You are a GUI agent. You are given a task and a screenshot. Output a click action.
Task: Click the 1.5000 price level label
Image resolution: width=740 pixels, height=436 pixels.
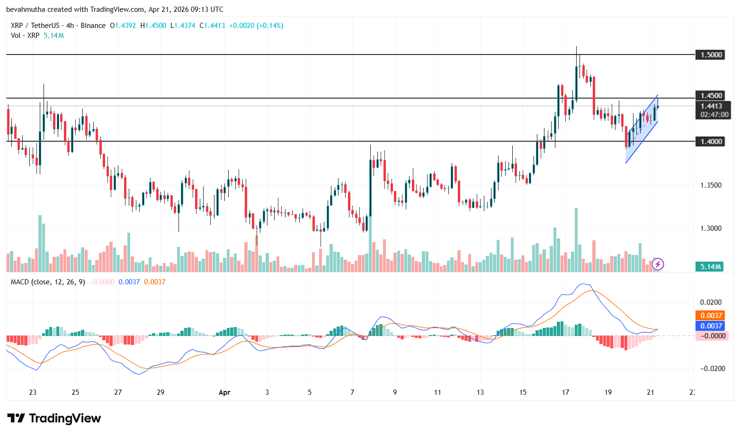point(711,55)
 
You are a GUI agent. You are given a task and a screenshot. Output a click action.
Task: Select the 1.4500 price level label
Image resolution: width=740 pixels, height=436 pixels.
point(711,96)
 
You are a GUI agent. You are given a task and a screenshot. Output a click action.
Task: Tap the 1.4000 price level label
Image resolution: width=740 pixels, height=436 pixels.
point(711,141)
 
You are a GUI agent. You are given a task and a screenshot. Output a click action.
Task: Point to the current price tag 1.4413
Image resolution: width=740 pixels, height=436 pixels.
point(711,106)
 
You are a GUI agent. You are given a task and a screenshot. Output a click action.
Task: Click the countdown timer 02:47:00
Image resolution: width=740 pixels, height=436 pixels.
point(714,115)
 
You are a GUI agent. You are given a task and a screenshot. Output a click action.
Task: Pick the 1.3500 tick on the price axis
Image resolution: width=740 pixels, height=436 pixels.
point(711,185)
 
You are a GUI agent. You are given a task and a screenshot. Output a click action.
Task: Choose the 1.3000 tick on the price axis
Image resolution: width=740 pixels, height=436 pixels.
point(711,228)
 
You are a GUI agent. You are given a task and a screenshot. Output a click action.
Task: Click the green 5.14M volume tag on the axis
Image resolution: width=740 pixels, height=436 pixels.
point(711,267)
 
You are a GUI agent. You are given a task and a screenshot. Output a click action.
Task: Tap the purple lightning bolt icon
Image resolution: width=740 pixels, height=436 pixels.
point(658,264)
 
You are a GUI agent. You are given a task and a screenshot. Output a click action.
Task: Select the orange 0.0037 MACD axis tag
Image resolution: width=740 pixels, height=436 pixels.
point(711,316)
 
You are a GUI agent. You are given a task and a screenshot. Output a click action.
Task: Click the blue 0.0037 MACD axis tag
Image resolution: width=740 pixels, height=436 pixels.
point(711,326)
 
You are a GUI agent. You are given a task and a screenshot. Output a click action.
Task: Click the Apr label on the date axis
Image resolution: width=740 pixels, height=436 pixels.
point(224,392)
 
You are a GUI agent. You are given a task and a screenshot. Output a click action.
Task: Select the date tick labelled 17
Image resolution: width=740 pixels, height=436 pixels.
point(565,392)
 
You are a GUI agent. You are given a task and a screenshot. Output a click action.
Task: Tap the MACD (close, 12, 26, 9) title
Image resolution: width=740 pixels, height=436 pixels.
point(48,282)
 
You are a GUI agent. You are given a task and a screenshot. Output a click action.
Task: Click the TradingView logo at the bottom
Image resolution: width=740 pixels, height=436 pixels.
point(54,418)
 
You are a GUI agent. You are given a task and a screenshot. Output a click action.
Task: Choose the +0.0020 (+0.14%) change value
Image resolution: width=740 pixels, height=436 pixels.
point(256,26)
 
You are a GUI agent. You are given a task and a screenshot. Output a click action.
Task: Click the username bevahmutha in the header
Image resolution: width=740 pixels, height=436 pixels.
point(25,9)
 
